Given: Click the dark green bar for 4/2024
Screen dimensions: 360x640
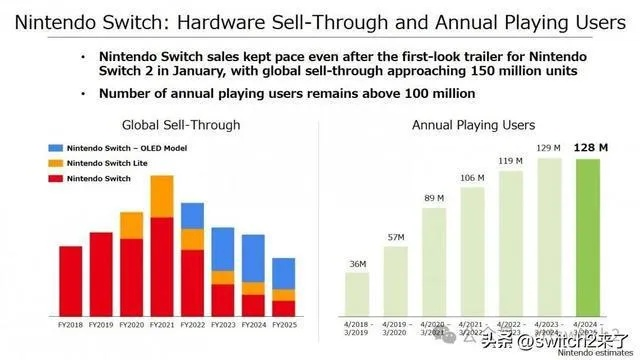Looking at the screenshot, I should point(588,235).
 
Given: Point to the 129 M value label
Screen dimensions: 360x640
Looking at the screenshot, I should point(548,148).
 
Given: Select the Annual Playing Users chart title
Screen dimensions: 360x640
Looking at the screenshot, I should point(473,125).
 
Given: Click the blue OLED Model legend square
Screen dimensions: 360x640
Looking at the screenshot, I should point(54,147).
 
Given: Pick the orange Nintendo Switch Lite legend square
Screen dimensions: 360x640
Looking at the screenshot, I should point(54,163).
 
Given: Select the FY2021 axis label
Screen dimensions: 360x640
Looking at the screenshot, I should point(162,325).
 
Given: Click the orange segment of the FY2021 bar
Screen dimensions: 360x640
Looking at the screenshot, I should point(162,196).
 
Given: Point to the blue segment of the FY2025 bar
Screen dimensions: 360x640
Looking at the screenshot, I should point(284,273).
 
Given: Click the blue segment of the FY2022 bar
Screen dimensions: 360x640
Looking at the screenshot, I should point(193,216).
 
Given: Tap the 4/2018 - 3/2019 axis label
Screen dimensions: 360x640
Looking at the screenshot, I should point(357,329).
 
